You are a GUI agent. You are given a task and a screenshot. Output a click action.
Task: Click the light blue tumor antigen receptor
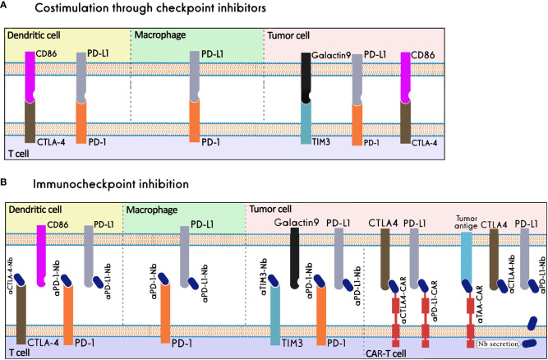click(x=466, y=263)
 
